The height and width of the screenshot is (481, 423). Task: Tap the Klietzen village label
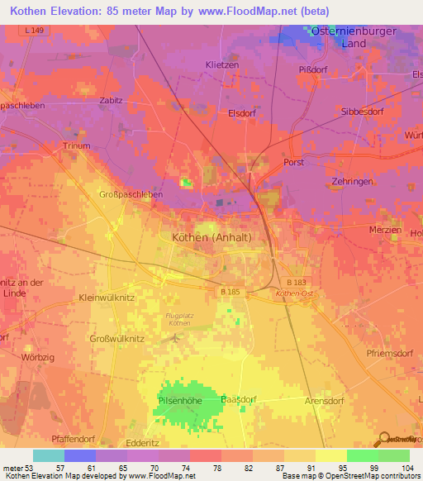pyautogui.click(x=221, y=64)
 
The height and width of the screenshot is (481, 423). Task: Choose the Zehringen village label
pyautogui.click(x=356, y=179)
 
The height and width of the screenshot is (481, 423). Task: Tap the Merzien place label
pyautogui.click(x=386, y=230)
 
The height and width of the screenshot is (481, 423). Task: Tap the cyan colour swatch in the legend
pyautogui.click(x=49, y=455)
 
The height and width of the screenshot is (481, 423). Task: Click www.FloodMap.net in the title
pyautogui.click(x=255, y=12)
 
